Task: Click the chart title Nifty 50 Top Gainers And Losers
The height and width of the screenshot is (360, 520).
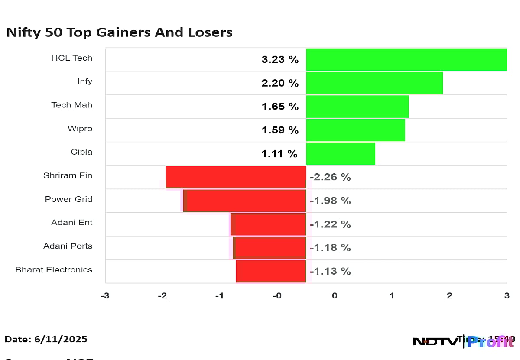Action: click(119, 32)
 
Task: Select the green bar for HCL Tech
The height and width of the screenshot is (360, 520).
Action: click(406, 59)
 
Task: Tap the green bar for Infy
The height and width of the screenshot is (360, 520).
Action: click(374, 83)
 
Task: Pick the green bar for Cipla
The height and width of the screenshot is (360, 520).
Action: click(341, 153)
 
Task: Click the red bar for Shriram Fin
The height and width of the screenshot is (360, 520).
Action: click(236, 177)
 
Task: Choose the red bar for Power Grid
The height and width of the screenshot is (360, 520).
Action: click(245, 200)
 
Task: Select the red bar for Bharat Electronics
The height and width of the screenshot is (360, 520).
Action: click(271, 271)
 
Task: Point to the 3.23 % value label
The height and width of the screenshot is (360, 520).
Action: click(280, 60)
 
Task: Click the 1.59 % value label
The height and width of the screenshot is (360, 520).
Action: click(280, 130)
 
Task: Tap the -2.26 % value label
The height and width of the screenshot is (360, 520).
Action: click(330, 177)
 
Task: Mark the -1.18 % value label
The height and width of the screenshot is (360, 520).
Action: click(330, 248)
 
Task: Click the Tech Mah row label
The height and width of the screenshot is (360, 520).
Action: click(71, 105)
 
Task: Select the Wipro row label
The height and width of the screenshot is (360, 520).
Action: click(80, 129)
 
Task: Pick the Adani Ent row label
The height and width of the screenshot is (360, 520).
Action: click(71, 223)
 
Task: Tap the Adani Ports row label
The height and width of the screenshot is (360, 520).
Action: click(68, 246)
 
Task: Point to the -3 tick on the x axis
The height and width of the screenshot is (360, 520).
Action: click(104, 296)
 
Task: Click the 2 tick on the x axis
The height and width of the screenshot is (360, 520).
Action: click(449, 296)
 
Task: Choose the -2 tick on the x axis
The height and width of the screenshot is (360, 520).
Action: click(162, 296)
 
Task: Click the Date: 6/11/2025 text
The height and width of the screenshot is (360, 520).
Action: click(46, 339)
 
